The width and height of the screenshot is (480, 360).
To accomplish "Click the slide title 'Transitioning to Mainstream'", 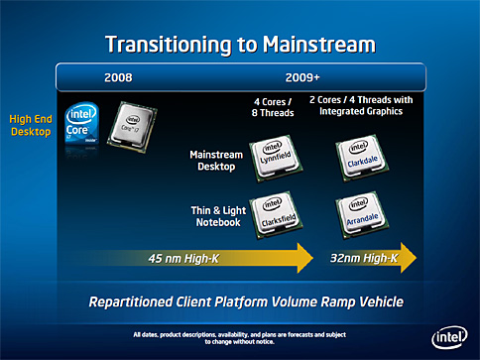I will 240,43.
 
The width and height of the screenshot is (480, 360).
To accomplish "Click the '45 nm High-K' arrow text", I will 187,259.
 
